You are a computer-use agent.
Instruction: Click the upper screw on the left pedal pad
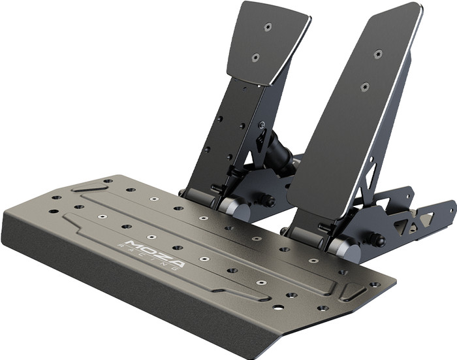267,27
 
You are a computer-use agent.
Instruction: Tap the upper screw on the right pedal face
378,53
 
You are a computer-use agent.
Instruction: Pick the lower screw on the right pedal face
364,86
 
